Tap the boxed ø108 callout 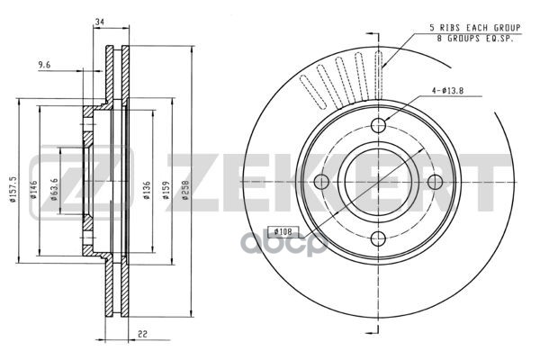280,229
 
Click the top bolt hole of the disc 379,126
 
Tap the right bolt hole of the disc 436,182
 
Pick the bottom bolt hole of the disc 379,238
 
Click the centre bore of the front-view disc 379,182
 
